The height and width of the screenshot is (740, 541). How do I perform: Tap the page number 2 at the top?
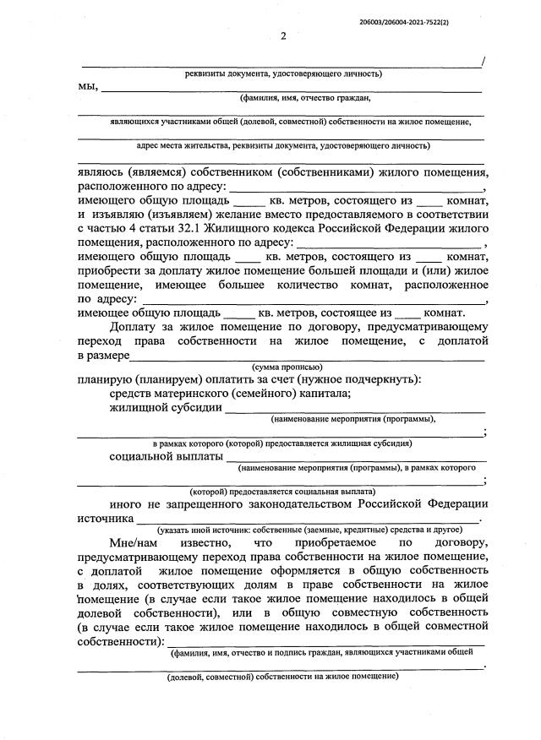[283, 35]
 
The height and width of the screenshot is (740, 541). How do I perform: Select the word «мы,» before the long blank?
[88, 86]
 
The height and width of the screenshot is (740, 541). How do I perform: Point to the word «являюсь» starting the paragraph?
[102, 171]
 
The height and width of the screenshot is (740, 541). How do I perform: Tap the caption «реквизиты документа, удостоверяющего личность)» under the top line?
[283, 73]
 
